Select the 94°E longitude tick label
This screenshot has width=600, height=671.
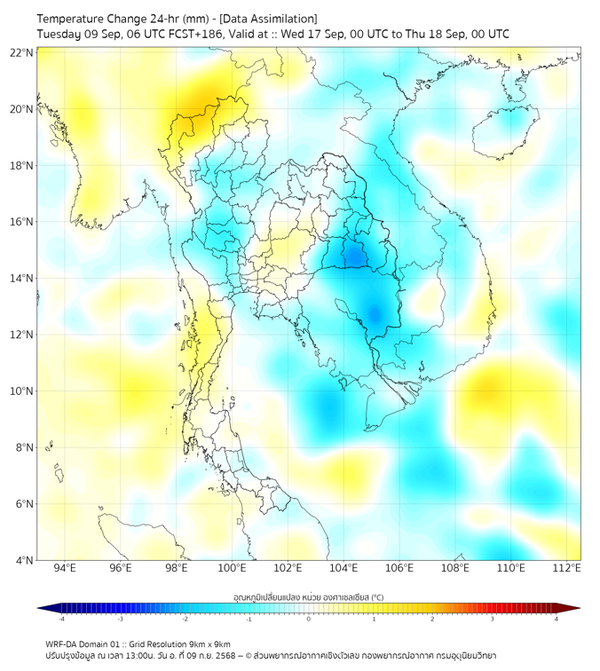tap(65, 568)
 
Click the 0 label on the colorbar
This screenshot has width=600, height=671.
tap(309, 619)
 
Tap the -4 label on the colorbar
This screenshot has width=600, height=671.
tap(61, 619)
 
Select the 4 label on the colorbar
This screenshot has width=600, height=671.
tap(557, 619)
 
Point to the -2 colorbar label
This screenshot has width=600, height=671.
tap(185, 619)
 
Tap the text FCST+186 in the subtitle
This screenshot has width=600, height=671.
tap(182, 34)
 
